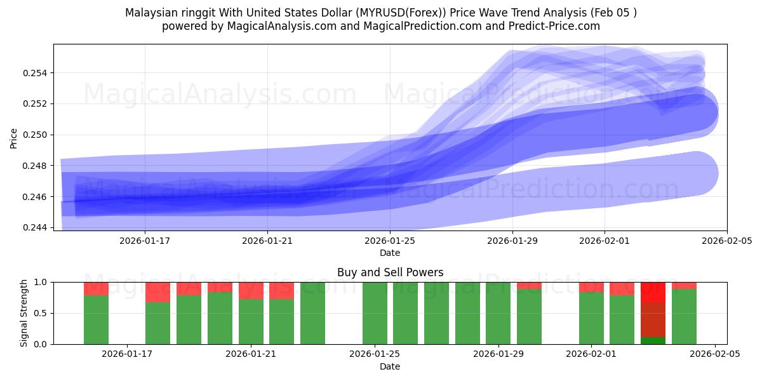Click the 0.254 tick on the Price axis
[x=37, y=73]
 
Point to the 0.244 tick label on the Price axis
[x=37, y=227]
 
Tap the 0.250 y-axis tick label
[x=37, y=135]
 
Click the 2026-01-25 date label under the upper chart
[x=390, y=241]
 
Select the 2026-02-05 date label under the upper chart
[x=726, y=241]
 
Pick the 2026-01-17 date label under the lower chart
[x=127, y=354]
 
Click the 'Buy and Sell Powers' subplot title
[x=390, y=272]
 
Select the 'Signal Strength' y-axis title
[x=24, y=313]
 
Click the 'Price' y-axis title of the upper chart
[x=14, y=138]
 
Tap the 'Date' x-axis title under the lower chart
[x=390, y=366]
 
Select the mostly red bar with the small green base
[x=653, y=311]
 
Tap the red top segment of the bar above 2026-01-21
[x=251, y=290]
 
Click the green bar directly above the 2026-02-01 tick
[x=591, y=317]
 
